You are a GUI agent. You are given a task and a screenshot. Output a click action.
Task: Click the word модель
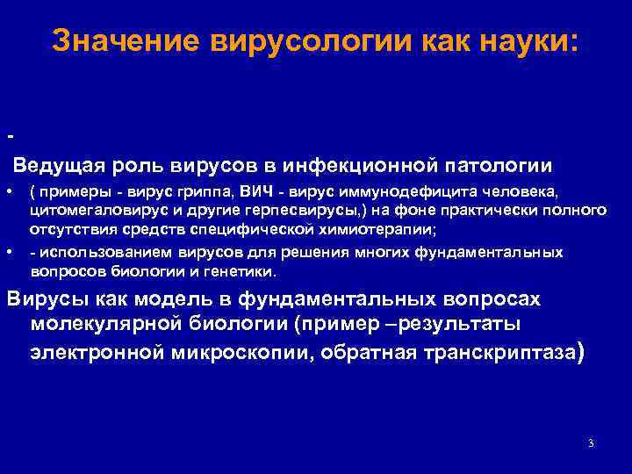click(x=170, y=298)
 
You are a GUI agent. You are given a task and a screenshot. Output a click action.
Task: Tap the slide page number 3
click(x=591, y=443)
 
